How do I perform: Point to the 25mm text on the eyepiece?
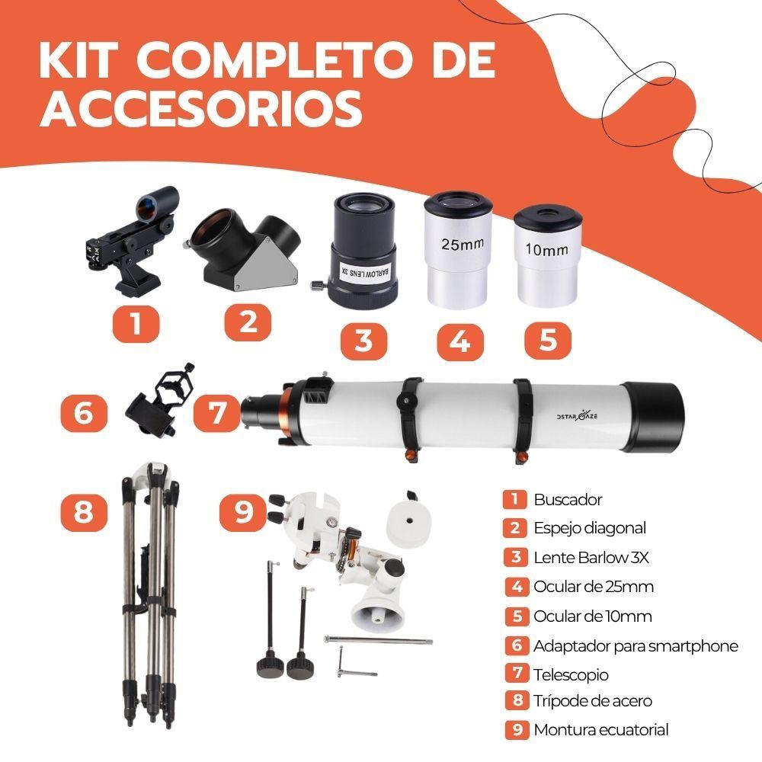(x=456, y=245)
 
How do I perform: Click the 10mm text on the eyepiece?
(x=546, y=248)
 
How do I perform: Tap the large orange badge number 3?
(x=363, y=341)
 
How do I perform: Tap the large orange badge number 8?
(x=83, y=511)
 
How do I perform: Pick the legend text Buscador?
(x=568, y=500)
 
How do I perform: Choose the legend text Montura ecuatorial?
(x=600, y=729)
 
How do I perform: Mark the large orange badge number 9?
(x=242, y=511)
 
